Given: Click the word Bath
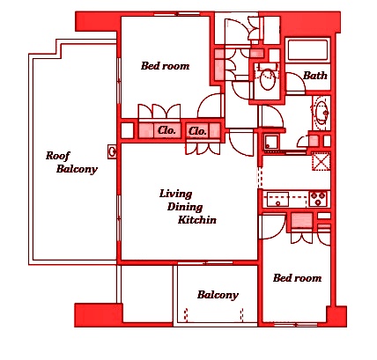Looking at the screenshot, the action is coord(315,76).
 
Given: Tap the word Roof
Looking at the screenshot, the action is coord(58,156).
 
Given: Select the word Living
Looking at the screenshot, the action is coord(176,194).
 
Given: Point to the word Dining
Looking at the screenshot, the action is coord(185,207).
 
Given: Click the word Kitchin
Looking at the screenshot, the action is coord(197,220).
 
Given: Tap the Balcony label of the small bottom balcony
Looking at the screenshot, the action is coord(218,295).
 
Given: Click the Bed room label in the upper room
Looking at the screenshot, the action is coord(165,66).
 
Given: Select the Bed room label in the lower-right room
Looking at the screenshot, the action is coord(297,278).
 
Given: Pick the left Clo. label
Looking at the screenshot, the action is coord(166,130).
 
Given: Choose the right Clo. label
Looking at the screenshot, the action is coord(197,131).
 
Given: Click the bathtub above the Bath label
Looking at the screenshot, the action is coord(307,50).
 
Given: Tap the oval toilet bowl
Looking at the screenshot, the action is coord(268,79).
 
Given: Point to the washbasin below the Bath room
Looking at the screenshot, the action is coord(321,113).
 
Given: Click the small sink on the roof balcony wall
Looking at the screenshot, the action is coord(112,152).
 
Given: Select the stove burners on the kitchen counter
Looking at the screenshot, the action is coord(318,199).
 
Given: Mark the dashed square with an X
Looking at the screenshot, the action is coord(321,161).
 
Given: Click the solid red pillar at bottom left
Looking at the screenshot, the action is coord(98,315).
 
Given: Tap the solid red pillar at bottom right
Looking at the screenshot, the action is coord(336,316).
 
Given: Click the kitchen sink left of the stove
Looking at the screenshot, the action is coord(277,199).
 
